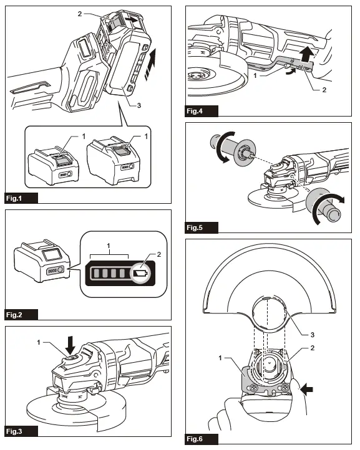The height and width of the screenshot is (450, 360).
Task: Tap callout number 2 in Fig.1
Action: coord(80,13)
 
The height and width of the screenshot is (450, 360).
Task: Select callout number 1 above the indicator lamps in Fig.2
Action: coord(109,247)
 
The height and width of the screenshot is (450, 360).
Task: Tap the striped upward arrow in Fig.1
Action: coord(148,69)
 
